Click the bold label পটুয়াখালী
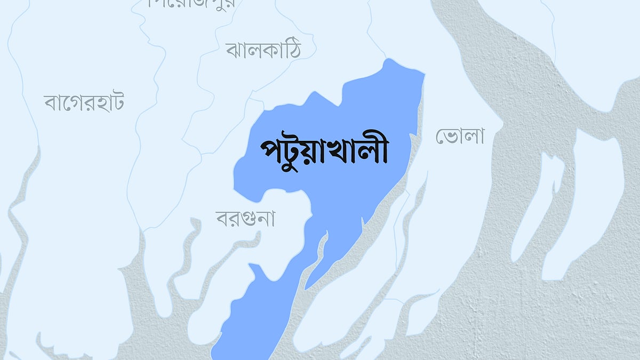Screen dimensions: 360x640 (324, 151)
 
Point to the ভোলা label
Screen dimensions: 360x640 (460, 137)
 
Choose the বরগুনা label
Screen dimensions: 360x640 (245, 218)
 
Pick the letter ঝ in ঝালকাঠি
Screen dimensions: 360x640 (234, 51)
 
